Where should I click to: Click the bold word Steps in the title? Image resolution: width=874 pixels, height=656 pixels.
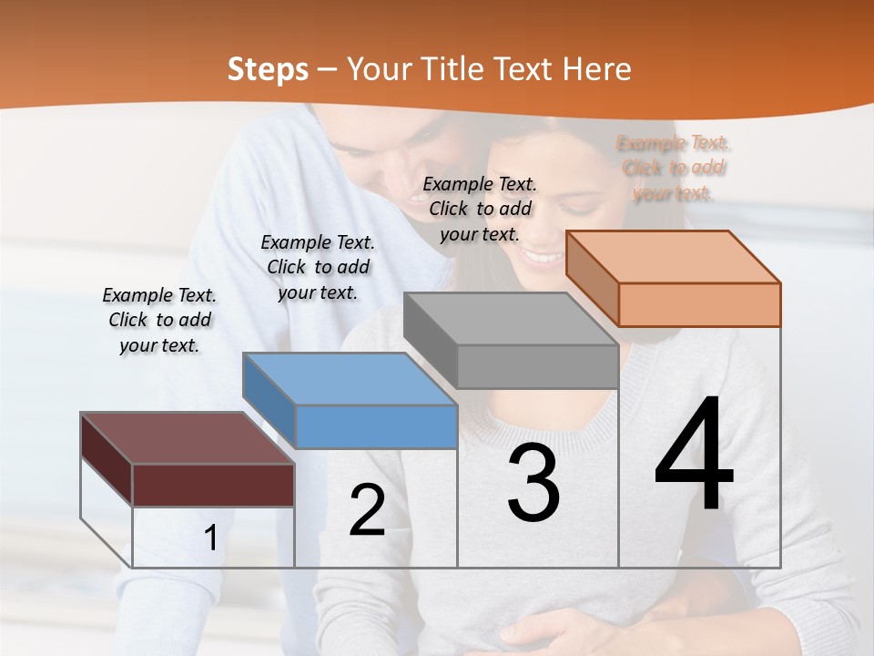point(268,69)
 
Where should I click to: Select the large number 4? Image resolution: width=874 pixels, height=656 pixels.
point(694,456)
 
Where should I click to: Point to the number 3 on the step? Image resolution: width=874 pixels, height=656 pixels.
point(534,483)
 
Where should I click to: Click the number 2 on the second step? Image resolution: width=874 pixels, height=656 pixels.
point(367,510)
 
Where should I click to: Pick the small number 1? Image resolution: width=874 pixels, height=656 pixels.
point(210,538)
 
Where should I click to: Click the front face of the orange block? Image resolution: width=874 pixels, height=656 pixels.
point(699,304)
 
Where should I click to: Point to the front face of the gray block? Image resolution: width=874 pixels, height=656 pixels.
point(537,366)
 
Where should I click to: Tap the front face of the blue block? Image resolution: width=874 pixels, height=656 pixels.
point(376,426)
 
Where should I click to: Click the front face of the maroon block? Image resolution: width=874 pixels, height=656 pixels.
point(213,485)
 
